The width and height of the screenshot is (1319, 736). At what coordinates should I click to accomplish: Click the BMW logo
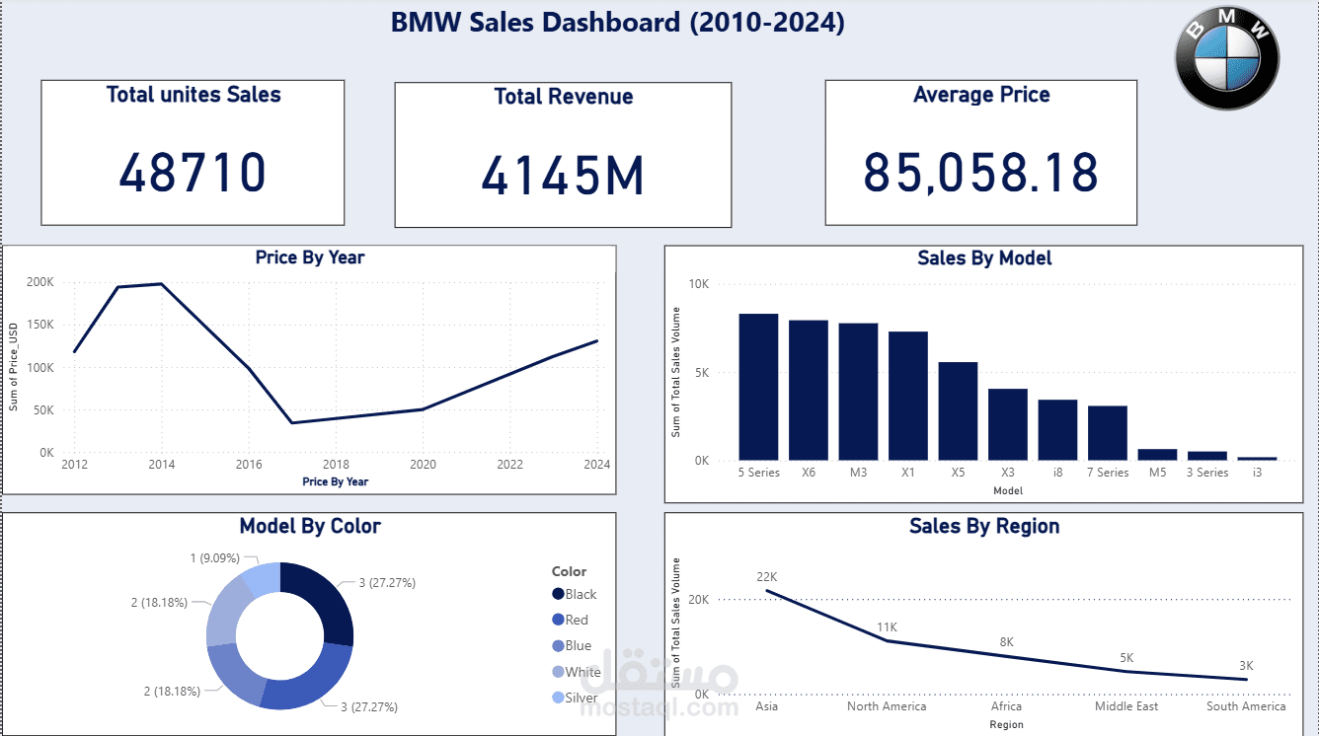[x=1227, y=59]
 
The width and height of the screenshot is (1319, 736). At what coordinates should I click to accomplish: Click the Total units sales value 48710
[x=193, y=173]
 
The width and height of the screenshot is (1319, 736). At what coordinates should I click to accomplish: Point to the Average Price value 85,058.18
[x=980, y=173]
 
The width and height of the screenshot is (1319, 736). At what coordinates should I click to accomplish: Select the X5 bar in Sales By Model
[x=958, y=410]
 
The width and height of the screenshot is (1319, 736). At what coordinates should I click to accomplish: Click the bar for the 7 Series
[x=1107, y=432]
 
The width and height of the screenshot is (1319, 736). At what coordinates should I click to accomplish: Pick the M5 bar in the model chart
[x=1157, y=455]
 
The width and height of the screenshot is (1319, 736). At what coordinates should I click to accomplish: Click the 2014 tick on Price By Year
[x=161, y=465]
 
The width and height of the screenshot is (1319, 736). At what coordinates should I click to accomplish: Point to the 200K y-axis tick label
[x=40, y=282]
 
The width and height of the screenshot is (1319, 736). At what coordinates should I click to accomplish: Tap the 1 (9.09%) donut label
[x=213, y=558]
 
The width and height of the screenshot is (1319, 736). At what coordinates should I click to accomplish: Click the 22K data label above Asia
[x=767, y=576]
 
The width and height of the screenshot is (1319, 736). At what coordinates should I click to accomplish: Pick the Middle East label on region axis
[x=1126, y=706]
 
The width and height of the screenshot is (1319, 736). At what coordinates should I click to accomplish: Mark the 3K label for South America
[x=1246, y=665]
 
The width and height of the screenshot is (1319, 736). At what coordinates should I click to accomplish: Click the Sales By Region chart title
[x=983, y=526]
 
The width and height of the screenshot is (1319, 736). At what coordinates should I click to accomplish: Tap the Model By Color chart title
[x=309, y=526]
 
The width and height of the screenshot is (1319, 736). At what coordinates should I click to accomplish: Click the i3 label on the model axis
[x=1256, y=473]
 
